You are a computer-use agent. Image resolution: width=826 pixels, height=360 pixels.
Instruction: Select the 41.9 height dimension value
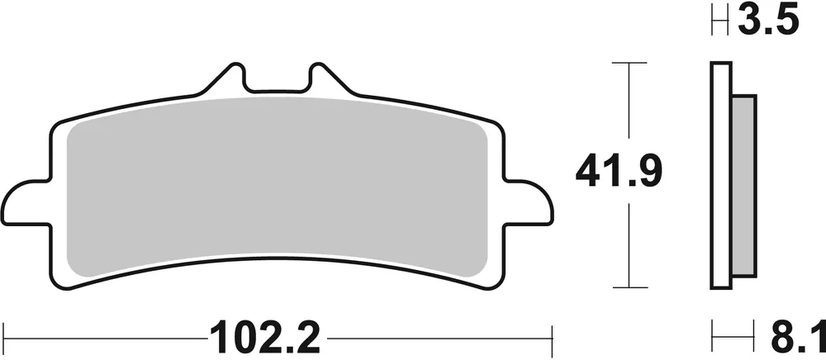620,173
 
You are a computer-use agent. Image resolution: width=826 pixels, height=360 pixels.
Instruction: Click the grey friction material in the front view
277,186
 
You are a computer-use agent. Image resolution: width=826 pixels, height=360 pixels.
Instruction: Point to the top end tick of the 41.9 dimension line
630,62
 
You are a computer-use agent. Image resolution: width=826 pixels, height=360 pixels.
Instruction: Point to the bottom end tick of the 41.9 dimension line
630,289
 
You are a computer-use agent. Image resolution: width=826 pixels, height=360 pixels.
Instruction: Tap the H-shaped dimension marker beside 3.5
719,21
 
